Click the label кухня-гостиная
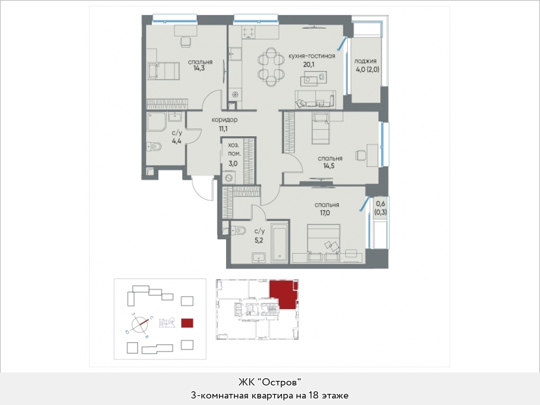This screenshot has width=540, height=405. [x=311, y=56]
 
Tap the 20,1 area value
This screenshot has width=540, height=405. [x=309, y=65]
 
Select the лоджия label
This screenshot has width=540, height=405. [x=365, y=61]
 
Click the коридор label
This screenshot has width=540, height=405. [x=225, y=120]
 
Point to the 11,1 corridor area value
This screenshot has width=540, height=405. [x=223, y=129]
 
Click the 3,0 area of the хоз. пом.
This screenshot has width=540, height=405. [x=233, y=164]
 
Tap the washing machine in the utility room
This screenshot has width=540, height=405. [x=229, y=178]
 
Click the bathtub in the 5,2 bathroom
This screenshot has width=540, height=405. [x=279, y=243]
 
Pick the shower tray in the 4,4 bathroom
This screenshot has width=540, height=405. [x=157, y=122]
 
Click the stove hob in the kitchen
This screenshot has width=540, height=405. [x=249, y=33]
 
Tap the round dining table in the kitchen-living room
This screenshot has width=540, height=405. [x=271, y=67]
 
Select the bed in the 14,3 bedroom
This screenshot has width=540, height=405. [x=163, y=71]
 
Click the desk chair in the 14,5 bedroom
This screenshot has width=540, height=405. [x=361, y=155]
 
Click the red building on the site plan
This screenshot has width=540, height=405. [x=187, y=323]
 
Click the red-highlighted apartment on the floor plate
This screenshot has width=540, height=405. [x=283, y=294]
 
